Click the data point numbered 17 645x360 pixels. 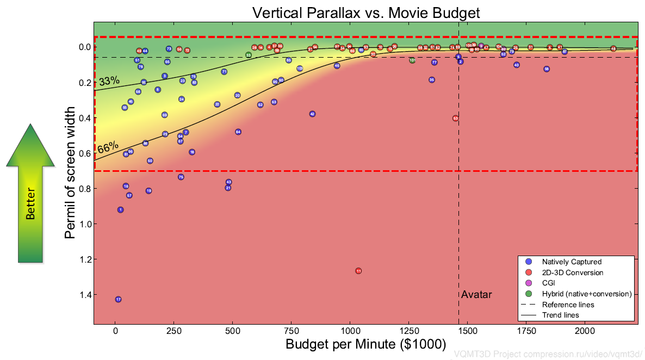coord(118,300)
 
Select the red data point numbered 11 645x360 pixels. coord(358,271)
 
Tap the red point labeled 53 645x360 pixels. coord(455,118)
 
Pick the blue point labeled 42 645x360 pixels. coord(312,114)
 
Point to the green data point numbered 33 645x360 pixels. coord(249,55)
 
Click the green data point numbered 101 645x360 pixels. coord(412,60)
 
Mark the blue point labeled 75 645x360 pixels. coord(181,177)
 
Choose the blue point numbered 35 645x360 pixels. coord(432,80)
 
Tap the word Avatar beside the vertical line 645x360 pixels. coord(476,295)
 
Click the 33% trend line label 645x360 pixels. coord(109,82)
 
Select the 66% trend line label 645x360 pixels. coord(108,148)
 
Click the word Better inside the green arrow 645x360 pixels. coord(30,204)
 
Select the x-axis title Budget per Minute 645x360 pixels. coord(365,344)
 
